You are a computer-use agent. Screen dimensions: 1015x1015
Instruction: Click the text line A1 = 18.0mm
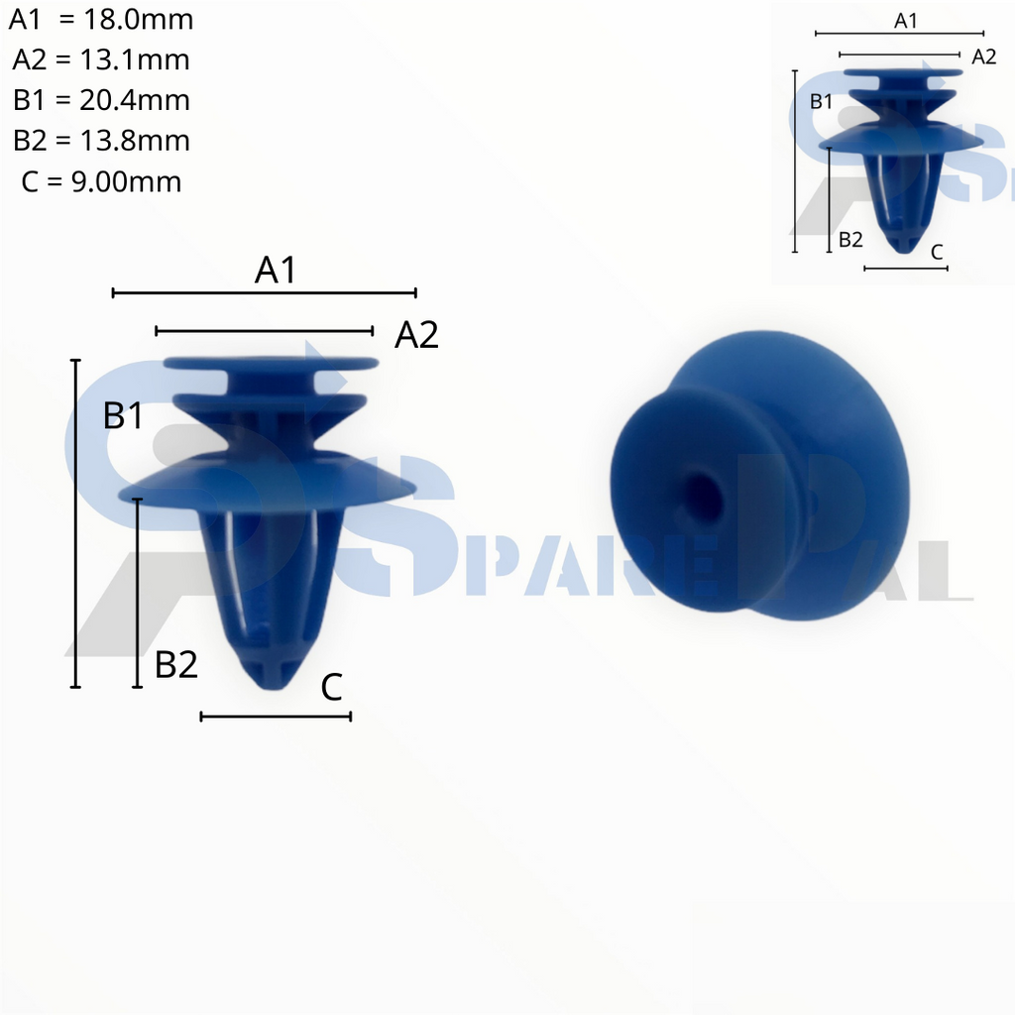pyautogui.click(x=101, y=20)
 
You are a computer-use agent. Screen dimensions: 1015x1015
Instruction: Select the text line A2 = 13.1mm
pyautogui.click(x=101, y=60)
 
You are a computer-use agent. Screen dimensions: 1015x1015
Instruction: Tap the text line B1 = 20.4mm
pyautogui.click(x=101, y=100)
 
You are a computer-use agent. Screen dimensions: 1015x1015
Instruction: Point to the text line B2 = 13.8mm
pyautogui.click(x=101, y=141)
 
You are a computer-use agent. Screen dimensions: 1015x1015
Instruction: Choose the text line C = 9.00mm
pyautogui.click(x=101, y=181)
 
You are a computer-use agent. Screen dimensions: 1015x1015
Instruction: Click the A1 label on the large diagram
pyautogui.click(x=276, y=271)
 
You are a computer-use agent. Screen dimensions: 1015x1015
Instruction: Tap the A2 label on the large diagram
pyautogui.click(x=416, y=336)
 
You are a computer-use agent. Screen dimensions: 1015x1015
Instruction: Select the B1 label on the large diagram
pyautogui.click(x=124, y=416)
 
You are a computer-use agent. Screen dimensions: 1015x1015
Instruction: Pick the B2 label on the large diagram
pyautogui.click(x=176, y=665)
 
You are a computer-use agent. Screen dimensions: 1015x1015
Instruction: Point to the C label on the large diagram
pyautogui.click(x=332, y=687)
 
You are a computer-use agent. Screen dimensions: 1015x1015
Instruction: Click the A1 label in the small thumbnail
pyautogui.click(x=906, y=20)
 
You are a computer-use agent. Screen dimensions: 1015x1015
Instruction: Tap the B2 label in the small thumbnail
pyautogui.click(x=850, y=239)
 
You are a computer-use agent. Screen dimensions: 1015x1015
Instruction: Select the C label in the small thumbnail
pyautogui.click(x=937, y=253)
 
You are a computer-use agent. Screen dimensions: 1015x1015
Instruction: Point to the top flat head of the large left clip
pyautogui.click(x=271, y=364)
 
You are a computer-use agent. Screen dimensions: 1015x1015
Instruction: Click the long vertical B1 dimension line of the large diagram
pyautogui.click(x=76, y=523)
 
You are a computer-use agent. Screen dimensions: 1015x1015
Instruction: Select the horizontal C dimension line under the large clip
pyautogui.click(x=276, y=716)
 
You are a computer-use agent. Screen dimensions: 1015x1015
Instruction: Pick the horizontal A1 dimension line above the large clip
pyautogui.click(x=265, y=292)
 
